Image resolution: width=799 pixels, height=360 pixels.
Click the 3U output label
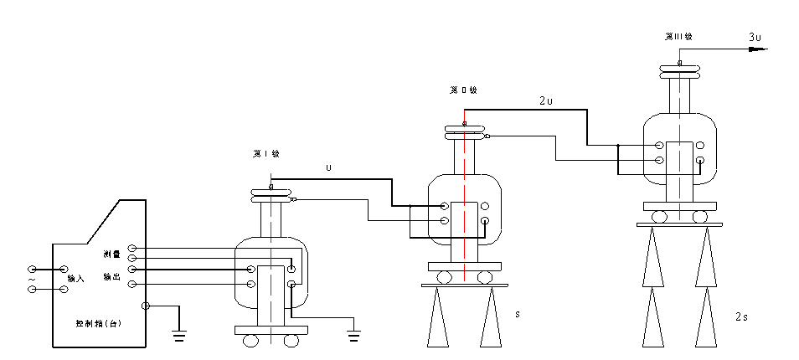pos(755,37)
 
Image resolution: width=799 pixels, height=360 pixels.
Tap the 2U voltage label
pos(545,100)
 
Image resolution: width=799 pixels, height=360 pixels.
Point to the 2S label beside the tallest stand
pos(741,316)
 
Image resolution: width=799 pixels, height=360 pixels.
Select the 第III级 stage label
pos(678,37)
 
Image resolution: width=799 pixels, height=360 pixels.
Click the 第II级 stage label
pos(463,89)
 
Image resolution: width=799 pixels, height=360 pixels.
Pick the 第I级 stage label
pos(265,154)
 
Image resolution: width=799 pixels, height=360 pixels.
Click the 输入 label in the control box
pos(76,278)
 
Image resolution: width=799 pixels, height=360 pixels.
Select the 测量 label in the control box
pos(111,253)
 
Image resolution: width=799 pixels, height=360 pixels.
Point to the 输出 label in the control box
pos(111,276)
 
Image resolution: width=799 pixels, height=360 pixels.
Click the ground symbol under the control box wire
pos(178,337)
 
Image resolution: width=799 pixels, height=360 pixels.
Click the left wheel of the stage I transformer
pos(250,341)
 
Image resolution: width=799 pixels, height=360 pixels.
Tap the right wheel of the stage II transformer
pos(484,277)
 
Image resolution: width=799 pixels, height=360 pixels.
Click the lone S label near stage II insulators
pos(517,315)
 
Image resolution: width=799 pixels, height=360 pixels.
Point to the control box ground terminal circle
pos(146,306)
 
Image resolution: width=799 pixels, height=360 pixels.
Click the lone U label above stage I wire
pos(329,167)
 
